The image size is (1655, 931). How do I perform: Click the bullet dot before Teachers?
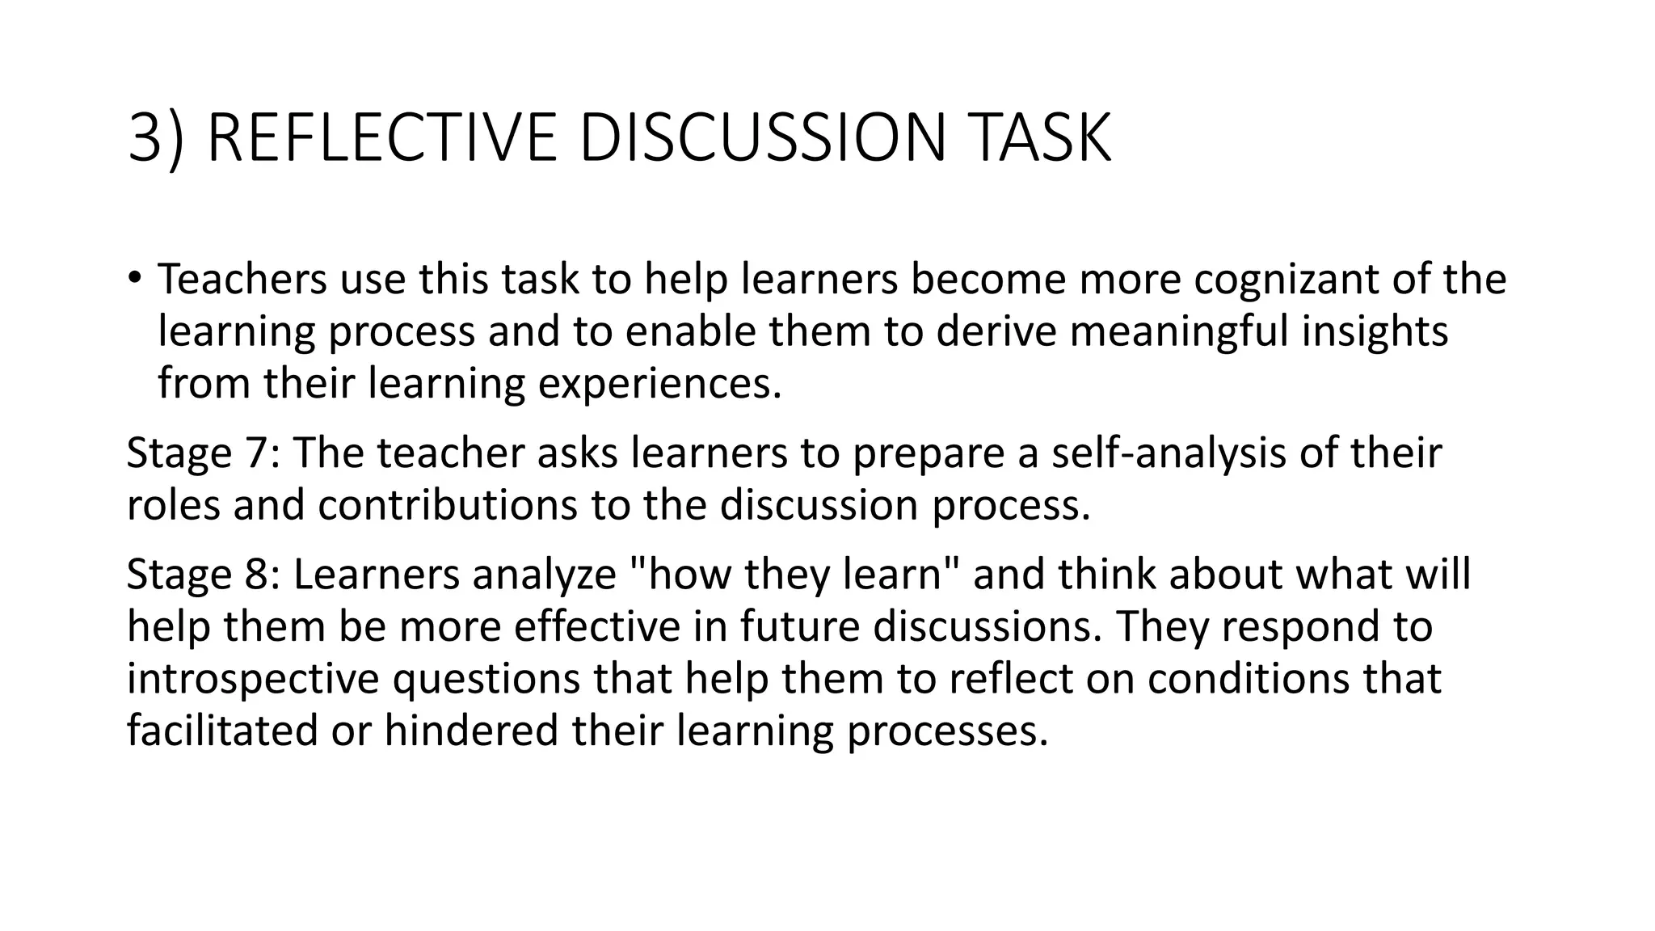click(x=134, y=278)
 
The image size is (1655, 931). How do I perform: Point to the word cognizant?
click(x=1285, y=280)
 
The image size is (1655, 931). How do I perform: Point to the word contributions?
click(x=448, y=505)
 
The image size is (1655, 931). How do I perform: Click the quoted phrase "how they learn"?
click(x=793, y=575)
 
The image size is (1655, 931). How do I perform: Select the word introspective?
click(x=253, y=680)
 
